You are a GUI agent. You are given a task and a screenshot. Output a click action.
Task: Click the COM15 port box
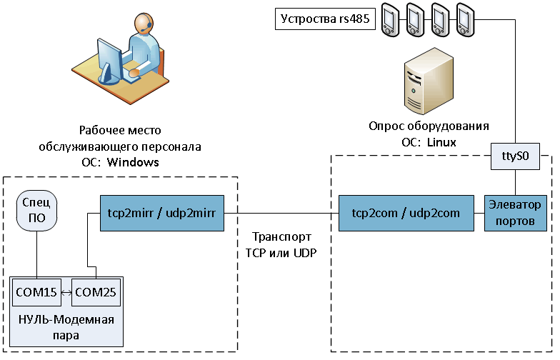pyautogui.click(x=36, y=293)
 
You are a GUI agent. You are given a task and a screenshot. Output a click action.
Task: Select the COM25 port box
pyautogui.click(x=96, y=293)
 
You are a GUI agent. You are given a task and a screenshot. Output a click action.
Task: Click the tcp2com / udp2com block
pyautogui.click(x=405, y=212)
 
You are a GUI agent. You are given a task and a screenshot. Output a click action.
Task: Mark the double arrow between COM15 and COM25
pyautogui.click(x=66, y=293)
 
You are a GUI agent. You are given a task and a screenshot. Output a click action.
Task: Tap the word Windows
pyautogui.click(x=133, y=163)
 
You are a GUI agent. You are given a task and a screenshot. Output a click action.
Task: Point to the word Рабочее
pyautogui.click(x=99, y=131)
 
